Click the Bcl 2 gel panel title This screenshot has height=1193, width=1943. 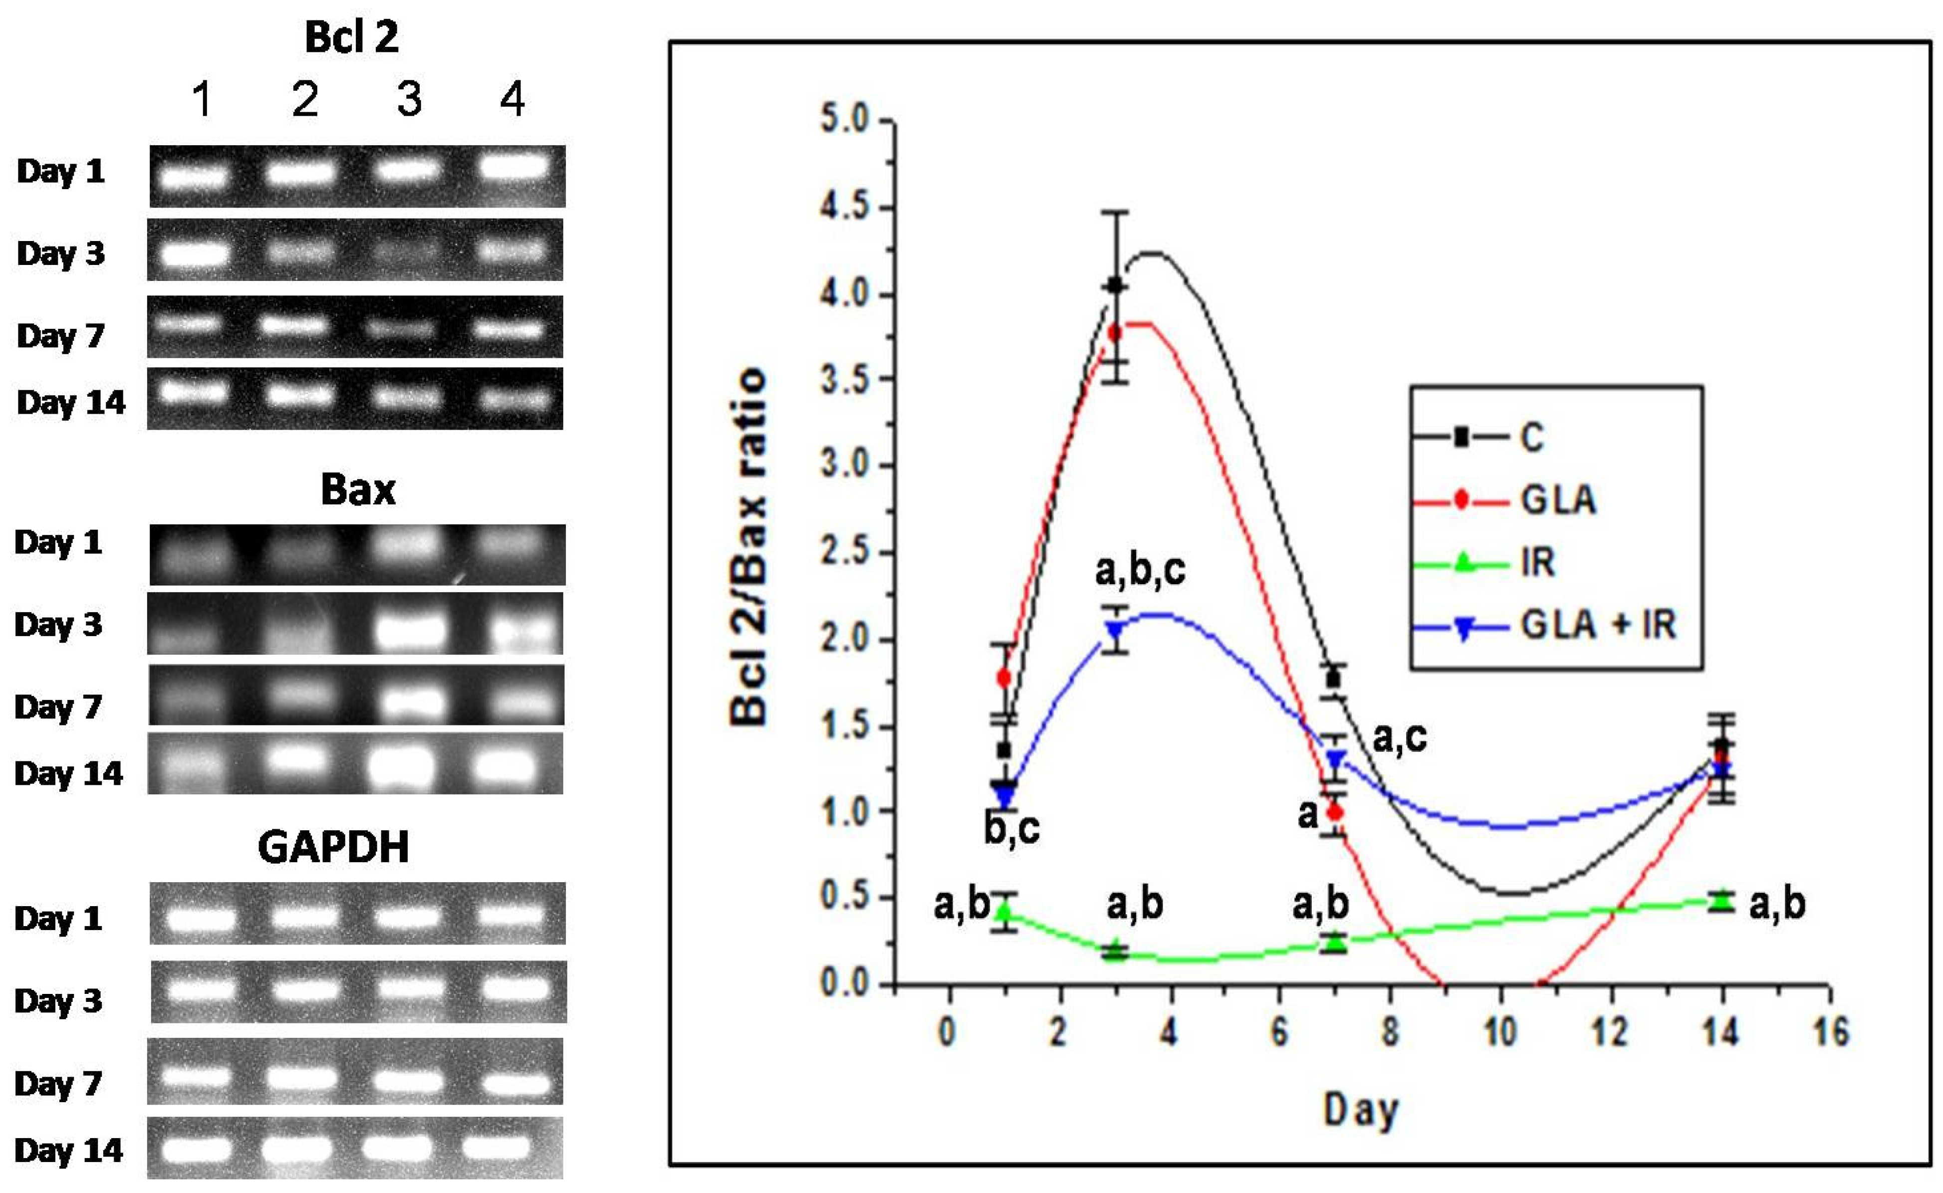[351, 37]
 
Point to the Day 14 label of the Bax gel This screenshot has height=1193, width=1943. [69, 773]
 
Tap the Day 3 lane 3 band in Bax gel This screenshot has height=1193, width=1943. [409, 629]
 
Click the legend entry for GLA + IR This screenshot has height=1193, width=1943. [1598, 625]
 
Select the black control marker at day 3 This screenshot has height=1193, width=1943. [1115, 285]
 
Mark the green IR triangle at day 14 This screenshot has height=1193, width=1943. [1721, 900]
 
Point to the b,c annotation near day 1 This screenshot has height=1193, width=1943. [1011, 828]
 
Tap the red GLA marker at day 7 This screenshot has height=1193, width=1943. [1335, 812]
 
